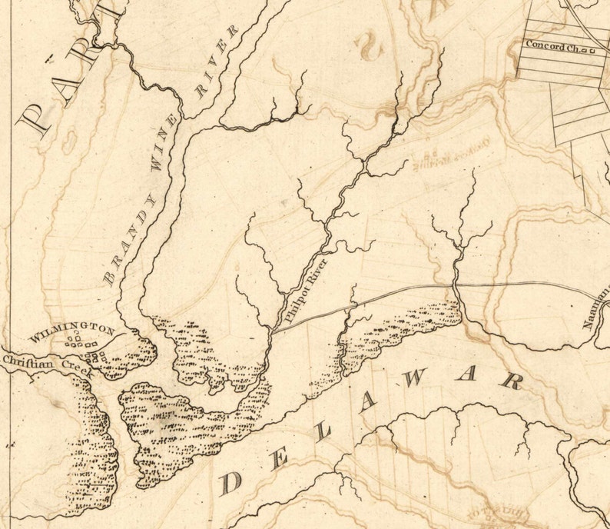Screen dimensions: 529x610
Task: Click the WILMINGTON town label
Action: pyautogui.click(x=71, y=333)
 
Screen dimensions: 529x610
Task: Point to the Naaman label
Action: pyautogui.click(x=598, y=307)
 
